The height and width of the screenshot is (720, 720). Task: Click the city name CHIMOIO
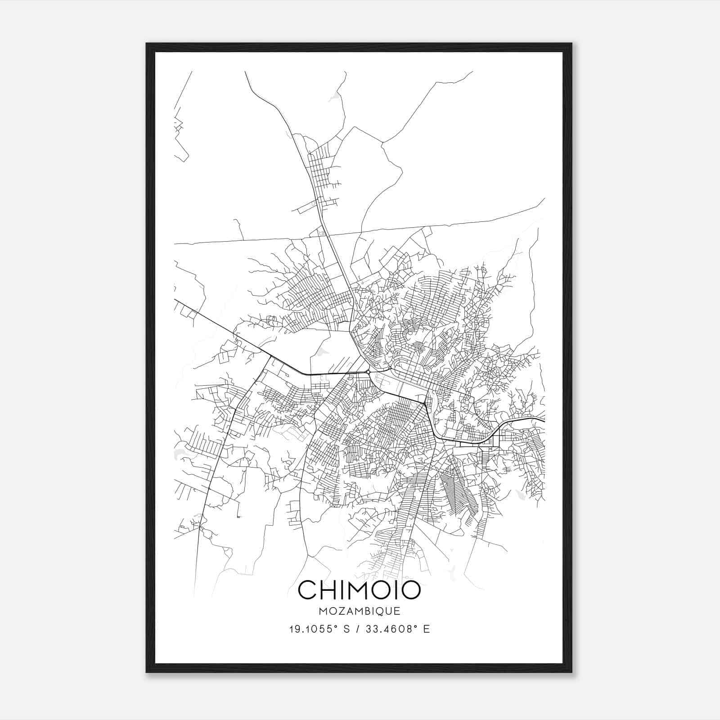(360, 590)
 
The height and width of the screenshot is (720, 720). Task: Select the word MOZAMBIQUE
(360, 611)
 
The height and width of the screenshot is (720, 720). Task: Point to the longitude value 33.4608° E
(399, 629)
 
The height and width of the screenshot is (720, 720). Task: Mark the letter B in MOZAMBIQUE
(365, 611)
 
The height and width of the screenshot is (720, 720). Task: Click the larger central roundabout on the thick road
(369, 372)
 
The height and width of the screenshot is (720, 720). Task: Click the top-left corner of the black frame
(147, 44)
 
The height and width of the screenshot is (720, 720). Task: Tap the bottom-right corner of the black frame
(571, 672)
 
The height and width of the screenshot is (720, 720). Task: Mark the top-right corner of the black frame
(571, 44)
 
